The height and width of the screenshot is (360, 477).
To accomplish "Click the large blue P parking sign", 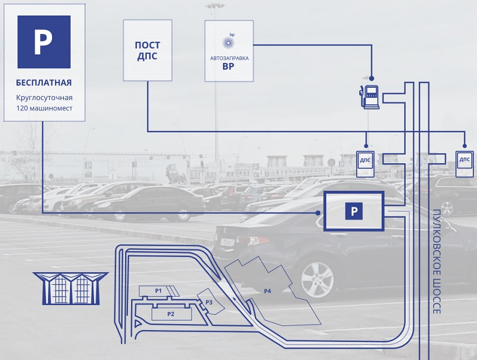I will tap(44, 42).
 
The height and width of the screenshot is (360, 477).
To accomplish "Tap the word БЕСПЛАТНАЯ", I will tap(44, 83).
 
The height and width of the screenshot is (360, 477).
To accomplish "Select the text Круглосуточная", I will tap(44, 97).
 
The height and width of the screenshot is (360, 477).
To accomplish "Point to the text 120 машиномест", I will tap(44, 109).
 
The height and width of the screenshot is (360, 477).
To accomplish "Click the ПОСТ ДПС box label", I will tap(147, 51).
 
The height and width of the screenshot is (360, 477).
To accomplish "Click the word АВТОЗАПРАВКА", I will tap(229, 58).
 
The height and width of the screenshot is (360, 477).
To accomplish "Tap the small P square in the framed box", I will tap(354, 211).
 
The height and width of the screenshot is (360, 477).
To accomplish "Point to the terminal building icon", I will tap(70, 288).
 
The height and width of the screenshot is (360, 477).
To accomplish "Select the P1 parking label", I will tap(159, 291).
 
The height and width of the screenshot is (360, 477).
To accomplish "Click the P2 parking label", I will tap(171, 313).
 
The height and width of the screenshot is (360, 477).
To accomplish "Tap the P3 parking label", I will tap(209, 302).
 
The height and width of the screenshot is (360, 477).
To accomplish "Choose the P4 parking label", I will tap(268, 291).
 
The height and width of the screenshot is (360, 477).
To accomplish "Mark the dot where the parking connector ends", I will tap(318, 212).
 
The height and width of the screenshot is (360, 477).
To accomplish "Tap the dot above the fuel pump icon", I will tap(371, 78).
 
